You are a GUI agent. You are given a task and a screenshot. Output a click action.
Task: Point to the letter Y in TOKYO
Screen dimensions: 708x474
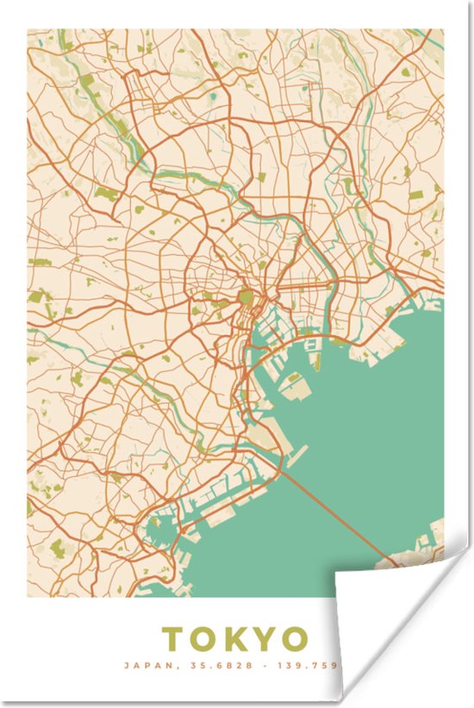pos(264,639)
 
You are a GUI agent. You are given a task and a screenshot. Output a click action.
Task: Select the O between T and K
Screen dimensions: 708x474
pos(202,639)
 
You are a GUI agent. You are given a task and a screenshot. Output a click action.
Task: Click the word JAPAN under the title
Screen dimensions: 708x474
pos(141,665)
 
